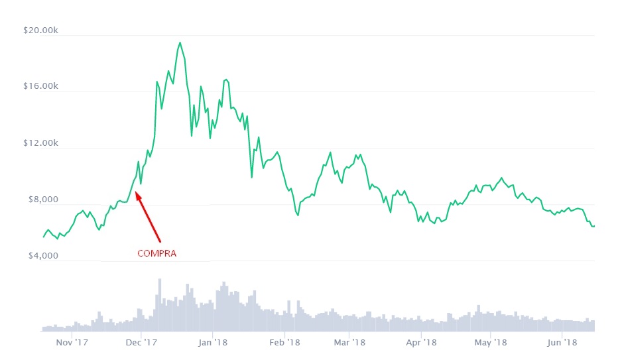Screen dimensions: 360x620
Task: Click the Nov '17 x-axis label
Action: tap(72, 343)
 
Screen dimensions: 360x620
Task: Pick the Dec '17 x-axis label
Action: tap(141, 343)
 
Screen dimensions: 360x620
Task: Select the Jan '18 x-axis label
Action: tap(213, 343)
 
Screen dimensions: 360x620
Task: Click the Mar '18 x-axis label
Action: tap(349, 343)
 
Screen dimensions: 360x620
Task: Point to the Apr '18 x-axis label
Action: tap(421, 343)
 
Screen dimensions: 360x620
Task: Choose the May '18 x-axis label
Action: tap(491, 343)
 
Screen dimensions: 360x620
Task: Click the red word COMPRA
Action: tap(156, 253)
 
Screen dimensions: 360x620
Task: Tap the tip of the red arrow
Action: tap(135, 192)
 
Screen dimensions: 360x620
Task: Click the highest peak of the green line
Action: tap(180, 42)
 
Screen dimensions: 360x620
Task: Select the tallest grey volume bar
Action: tap(160, 280)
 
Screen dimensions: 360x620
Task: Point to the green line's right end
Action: tap(594, 226)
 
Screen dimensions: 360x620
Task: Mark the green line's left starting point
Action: tap(44, 237)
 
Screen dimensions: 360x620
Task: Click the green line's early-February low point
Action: tap(298, 215)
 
